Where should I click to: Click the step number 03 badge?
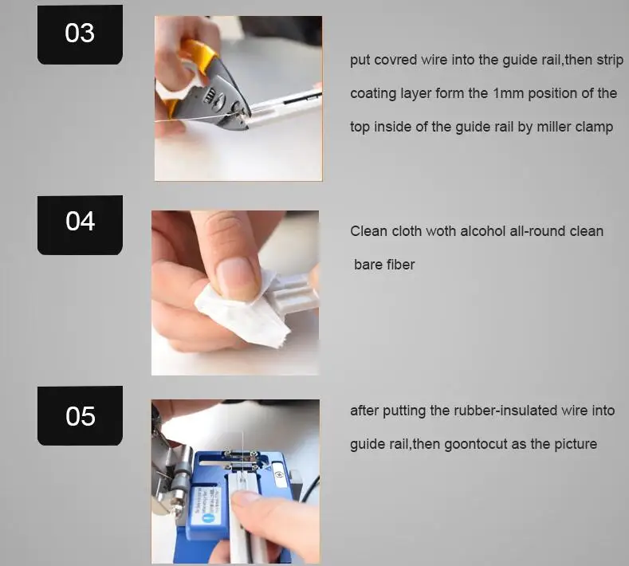(80, 34)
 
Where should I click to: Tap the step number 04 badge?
(80, 225)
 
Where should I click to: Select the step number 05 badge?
(80, 415)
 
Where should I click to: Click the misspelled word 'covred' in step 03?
(395, 60)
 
